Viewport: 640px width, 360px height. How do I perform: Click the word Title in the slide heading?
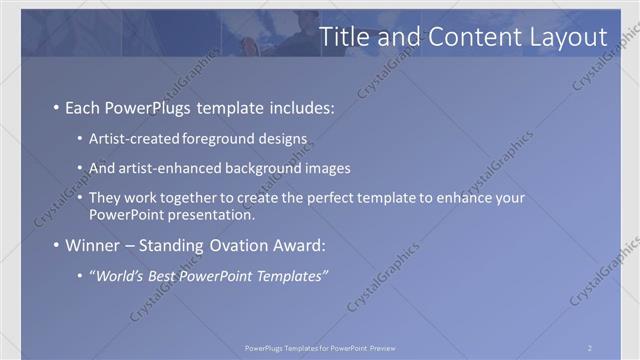point(345,37)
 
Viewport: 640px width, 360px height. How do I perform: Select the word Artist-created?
point(131,138)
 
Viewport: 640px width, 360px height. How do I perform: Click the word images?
point(325,168)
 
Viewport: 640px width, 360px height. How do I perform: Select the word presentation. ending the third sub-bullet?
point(213,214)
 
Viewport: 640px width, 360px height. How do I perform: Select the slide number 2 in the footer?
point(590,348)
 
